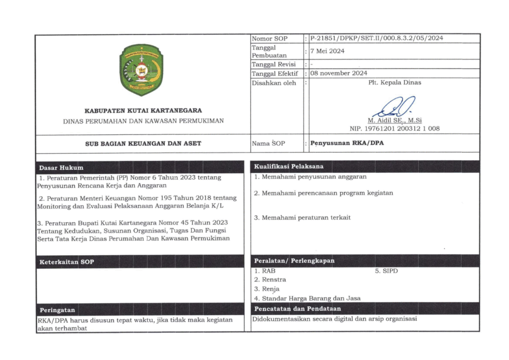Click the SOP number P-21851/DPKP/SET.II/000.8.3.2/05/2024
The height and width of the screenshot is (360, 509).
click(x=376, y=38)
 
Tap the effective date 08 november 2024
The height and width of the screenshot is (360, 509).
click(x=339, y=73)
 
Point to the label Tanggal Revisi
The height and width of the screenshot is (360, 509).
click(x=273, y=64)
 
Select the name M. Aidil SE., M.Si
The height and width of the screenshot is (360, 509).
click(x=394, y=120)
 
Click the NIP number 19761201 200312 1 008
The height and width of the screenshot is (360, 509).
click(x=394, y=128)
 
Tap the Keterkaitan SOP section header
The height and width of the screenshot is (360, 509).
click(x=66, y=262)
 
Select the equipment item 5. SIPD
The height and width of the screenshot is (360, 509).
click(x=386, y=271)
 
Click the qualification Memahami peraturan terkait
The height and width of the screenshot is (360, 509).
click(x=302, y=217)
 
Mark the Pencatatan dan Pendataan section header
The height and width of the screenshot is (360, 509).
click(x=297, y=308)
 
